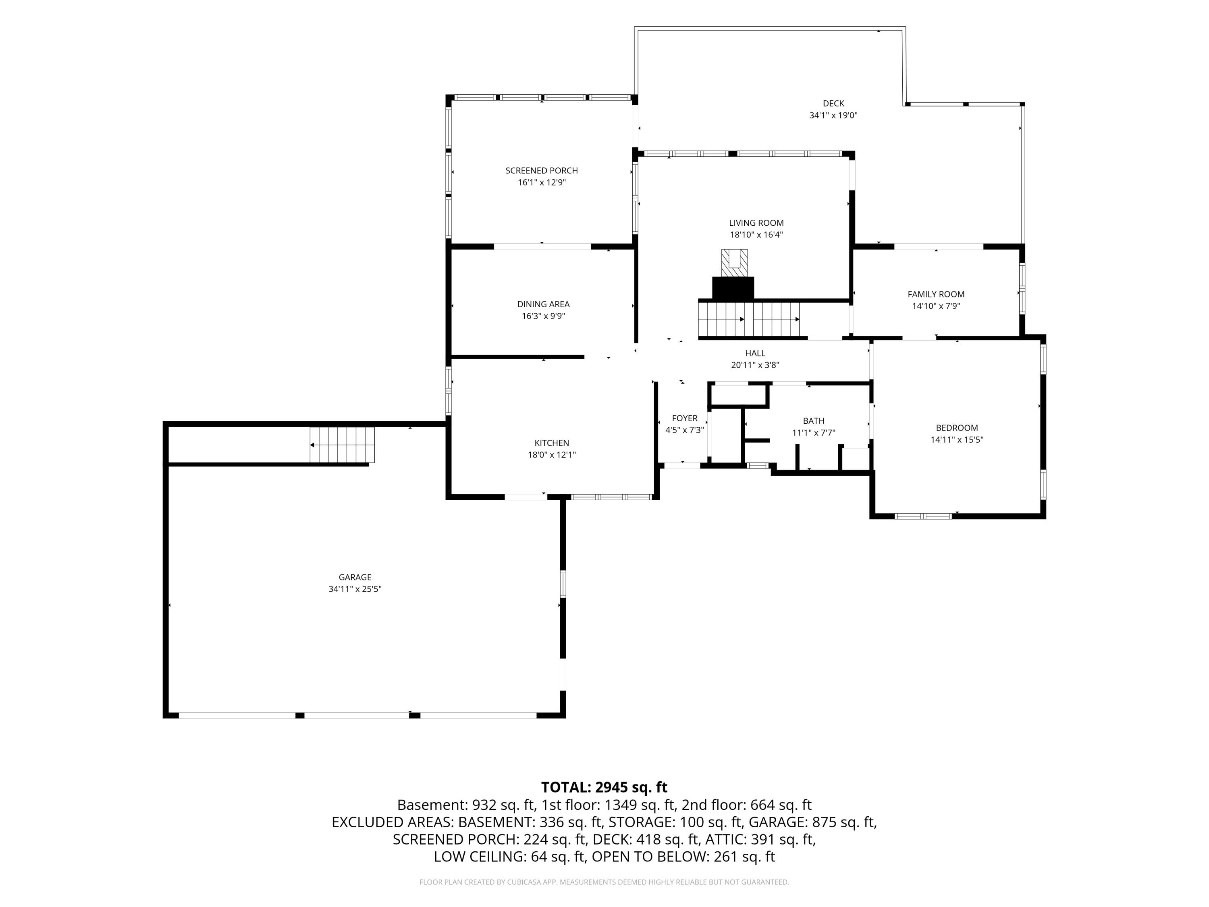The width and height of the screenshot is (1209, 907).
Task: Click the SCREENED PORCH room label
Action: point(541,171)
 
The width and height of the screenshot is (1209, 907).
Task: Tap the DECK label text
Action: point(833,103)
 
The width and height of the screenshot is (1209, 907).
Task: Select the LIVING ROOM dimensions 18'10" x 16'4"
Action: point(756,235)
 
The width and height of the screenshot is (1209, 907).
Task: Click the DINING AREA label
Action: point(543,304)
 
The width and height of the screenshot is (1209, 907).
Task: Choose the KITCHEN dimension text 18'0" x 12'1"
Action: point(552,455)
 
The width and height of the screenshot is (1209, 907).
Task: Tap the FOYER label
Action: point(685,418)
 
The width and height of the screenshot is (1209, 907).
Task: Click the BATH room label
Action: point(814,421)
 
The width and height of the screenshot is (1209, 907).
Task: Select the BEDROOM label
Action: point(957,428)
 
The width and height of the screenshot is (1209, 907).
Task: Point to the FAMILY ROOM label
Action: point(936,294)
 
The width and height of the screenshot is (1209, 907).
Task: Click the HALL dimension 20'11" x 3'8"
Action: point(755,365)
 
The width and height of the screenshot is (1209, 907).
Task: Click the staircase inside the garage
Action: point(342,445)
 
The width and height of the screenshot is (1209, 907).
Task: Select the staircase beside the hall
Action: point(749,319)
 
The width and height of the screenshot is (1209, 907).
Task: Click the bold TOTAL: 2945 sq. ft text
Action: point(604,787)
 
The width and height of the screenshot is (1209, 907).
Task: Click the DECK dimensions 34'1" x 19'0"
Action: point(833,115)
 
